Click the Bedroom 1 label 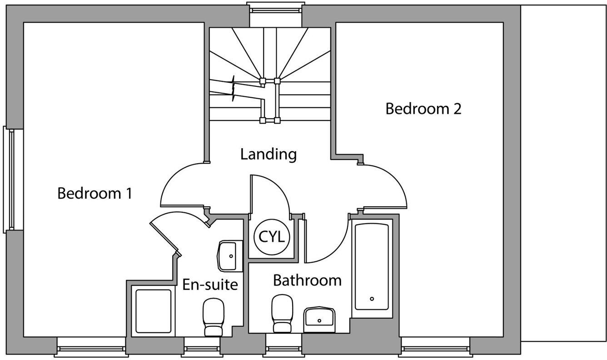[x=95, y=193]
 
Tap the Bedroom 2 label [x=423, y=109]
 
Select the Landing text [x=269, y=154]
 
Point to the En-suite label [x=210, y=285]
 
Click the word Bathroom [x=307, y=280]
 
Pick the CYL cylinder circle [x=272, y=237]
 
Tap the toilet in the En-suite [x=214, y=317]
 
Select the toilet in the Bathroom [x=282, y=313]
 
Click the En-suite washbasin [x=230, y=256]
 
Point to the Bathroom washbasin [x=319, y=320]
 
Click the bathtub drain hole [x=372, y=299]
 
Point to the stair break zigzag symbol [x=233, y=88]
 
